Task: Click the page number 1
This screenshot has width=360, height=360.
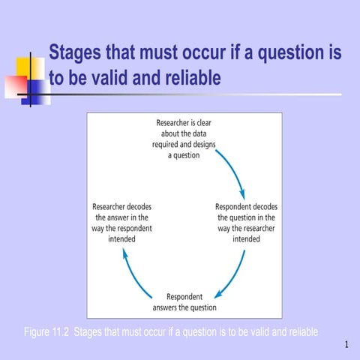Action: tap(347, 345)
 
